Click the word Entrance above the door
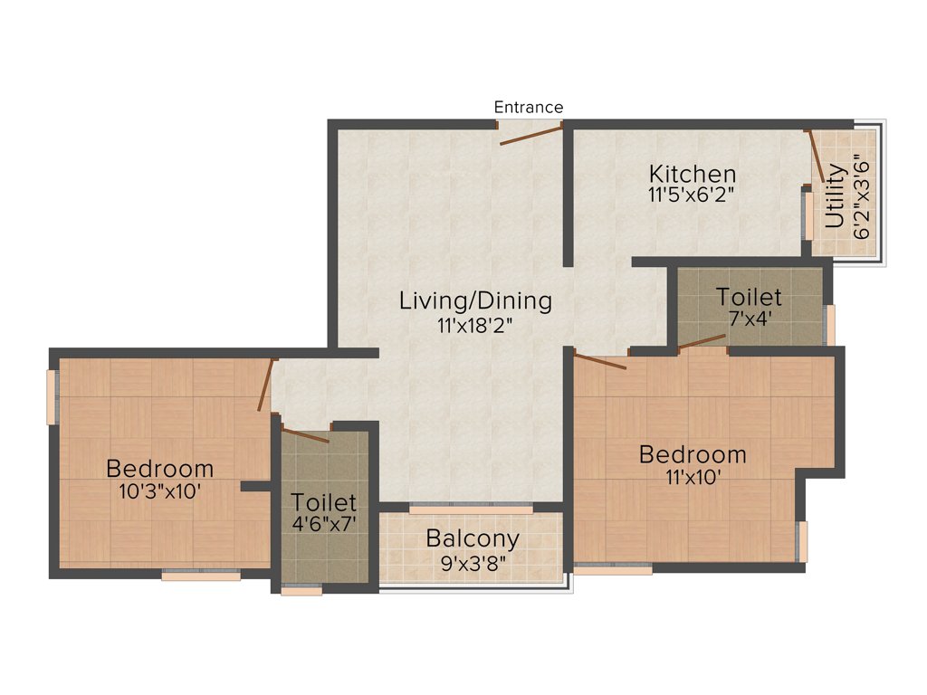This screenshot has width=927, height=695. coord(528,107)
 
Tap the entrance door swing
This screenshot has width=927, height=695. coord(531,135)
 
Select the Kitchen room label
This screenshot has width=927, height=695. coord(693,173)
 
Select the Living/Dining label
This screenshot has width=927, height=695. coord(475,300)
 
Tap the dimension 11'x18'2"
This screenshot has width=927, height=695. coord(475,324)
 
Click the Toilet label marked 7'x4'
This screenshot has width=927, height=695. coord(749,297)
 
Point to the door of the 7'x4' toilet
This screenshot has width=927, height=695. coord(702,341)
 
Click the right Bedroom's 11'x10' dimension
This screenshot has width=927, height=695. coord(693,477)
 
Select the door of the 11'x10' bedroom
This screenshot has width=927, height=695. coord(600,361)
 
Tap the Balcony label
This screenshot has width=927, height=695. coord(473,539)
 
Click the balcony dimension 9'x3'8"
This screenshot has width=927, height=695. coord(473,561)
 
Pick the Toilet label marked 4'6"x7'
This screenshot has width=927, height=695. coord(323,501)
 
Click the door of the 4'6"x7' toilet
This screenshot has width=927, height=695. coord(305,434)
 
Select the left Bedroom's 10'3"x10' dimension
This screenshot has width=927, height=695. coord(159,491)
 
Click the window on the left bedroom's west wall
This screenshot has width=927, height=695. coord(53,396)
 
